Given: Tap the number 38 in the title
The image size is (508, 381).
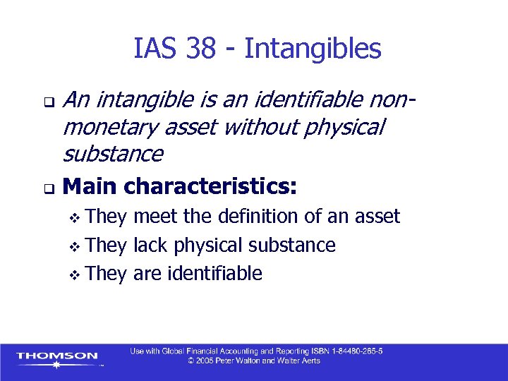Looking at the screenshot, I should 203,49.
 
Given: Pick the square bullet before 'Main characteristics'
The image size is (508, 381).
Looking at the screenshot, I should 47,189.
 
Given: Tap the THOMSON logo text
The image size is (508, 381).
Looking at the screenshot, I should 57,356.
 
